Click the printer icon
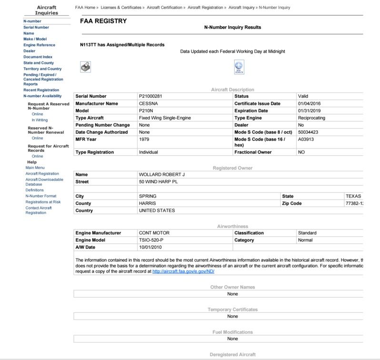[x=86, y=67]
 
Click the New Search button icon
[x=239, y=68]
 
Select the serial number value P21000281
[x=150, y=96]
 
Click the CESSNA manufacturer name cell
[x=149, y=103]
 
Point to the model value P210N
[x=146, y=110]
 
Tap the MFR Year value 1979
[x=144, y=140]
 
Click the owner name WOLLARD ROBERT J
[x=161, y=174]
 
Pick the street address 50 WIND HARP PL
[x=159, y=182]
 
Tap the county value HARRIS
[x=147, y=203]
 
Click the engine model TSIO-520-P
[x=154, y=240]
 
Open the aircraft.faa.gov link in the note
[x=183, y=271]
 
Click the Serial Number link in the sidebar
[x=36, y=28]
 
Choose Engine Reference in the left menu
[x=39, y=45]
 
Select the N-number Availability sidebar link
[x=42, y=96]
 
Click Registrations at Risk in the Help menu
[x=43, y=202]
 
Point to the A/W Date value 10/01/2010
[x=150, y=247]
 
